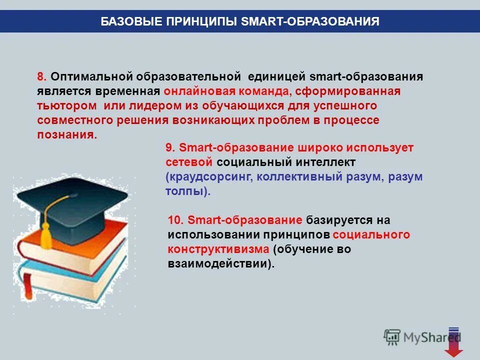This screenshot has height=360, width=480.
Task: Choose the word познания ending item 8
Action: (65, 135)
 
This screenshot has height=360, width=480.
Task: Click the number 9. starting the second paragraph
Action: (170, 147)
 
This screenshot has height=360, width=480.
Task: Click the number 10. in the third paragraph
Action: (177, 220)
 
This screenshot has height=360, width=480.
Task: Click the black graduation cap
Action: (75, 205)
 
